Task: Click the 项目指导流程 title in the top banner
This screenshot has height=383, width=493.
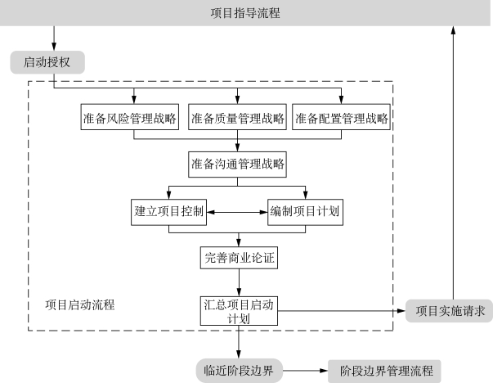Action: tap(245, 13)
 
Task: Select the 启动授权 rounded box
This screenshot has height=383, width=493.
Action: tap(47, 62)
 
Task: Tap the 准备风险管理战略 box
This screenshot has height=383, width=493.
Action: tap(130, 117)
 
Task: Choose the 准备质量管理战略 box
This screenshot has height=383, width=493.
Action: tap(237, 117)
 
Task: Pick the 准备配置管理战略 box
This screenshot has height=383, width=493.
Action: tap(341, 117)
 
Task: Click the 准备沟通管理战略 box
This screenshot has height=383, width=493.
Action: tap(237, 164)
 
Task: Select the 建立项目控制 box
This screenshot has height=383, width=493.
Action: tap(169, 212)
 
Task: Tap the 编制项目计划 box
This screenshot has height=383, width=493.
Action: tap(305, 212)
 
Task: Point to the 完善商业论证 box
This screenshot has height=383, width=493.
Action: tap(239, 258)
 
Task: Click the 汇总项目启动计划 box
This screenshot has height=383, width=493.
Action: tap(239, 311)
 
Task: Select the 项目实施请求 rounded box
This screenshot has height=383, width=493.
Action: tap(450, 311)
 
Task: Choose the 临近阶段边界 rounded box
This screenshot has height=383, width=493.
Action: tap(240, 371)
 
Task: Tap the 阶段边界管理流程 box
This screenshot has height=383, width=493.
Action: tap(384, 371)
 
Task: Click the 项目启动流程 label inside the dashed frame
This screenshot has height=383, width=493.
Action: tap(80, 304)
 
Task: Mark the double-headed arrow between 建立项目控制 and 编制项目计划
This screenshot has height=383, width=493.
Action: tap(237, 212)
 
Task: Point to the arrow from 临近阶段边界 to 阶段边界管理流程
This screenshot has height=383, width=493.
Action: tap(305, 371)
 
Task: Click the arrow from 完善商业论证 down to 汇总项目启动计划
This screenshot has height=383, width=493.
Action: tap(239, 282)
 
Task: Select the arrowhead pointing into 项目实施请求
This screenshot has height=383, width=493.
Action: tap(401, 311)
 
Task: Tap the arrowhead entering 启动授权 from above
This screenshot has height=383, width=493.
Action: tap(54, 47)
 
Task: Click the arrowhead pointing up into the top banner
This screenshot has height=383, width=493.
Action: tap(453, 30)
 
